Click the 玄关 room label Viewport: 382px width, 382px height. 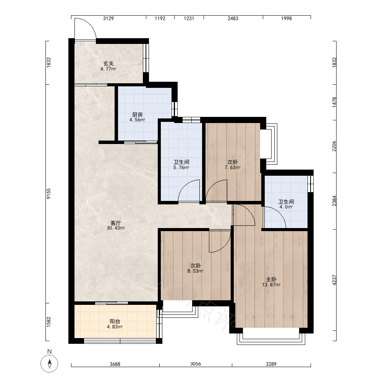click(x=108, y=63)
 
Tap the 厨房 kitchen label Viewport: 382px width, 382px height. click(x=138, y=115)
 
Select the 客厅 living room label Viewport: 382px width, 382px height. click(x=116, y=223)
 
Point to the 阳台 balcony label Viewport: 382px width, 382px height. click(x=115, y=322)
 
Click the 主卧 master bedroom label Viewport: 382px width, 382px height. click(x=271, y=280)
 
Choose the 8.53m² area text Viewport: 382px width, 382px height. click(x=195, y=271)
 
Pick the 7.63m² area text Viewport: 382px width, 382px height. click(x=232, y=168)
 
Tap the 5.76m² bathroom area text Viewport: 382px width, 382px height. click(x=181, y=168)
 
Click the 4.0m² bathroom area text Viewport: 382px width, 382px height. click(x=286, y=207)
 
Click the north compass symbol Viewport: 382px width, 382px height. click(x=49, y=364)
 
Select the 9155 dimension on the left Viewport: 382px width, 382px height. click(x=49, y=194)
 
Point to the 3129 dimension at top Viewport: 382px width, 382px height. click(x=108, y=18)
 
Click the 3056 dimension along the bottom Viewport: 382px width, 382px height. click(x=196, y=364)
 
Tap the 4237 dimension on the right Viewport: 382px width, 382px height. click(x=334, y=280)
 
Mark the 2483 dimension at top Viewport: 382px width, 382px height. click(x=233, y=18)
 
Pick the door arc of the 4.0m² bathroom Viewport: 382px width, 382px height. click(x=279, y=212)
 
